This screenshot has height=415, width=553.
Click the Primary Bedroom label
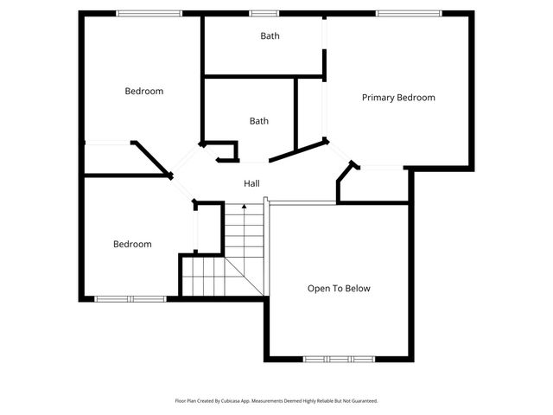(x=397, y=98)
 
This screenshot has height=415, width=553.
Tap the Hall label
(x=251, y=183)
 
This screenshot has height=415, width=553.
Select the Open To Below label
(x=339, y=289)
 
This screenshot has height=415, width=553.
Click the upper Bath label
(x=270, y=36)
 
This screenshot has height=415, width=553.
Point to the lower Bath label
(x=258, y=121)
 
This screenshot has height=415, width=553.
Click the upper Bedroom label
(x=143, y=91)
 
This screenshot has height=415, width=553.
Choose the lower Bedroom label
(x=132, y=244)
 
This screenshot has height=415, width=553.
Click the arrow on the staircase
(x=244, y=207)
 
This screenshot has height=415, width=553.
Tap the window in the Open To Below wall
(x=339, y=358)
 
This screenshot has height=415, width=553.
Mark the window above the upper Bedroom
(x=149, y=13)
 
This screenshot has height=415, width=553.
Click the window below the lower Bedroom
(x=130, y=299)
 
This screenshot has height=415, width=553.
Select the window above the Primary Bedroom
(x=408, y=13)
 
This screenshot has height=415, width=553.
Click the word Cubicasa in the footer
(x=232, y=401)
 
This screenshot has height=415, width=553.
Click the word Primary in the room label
(x=378, y=98)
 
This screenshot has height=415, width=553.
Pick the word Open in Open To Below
(x=318, y=289)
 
